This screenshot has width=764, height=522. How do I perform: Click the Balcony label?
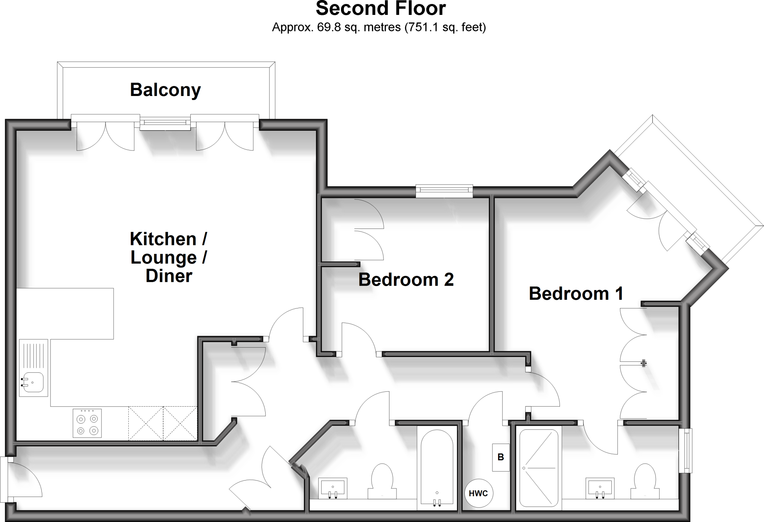click(x=165, y=90)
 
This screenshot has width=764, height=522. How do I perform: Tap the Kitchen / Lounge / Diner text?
click(x=169, y=257)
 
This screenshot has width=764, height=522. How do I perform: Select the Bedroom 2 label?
click(x=406, y=280)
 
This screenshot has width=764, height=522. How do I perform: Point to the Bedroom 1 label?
click(x=576, y=293)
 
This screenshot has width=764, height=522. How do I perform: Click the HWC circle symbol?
click(x=478, y=494)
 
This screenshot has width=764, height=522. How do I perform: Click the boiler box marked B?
click(x=501, y=457)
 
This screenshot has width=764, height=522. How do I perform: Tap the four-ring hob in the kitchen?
click(x=87, y=423)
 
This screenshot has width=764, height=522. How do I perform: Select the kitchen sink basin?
click(x=33, y=382)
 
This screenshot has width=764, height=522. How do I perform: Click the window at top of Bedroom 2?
click(x=444, y=191)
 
